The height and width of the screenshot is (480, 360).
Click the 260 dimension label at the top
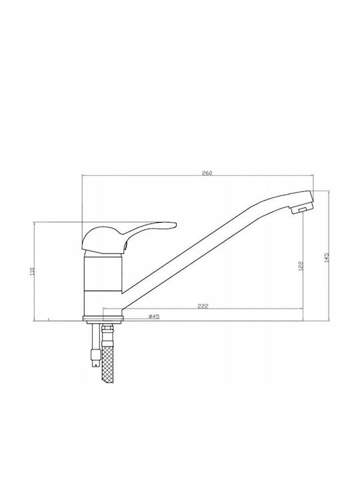click(207, 173)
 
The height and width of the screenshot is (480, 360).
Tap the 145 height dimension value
click(327, 257)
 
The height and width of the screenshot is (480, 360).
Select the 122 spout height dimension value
click(301, 265)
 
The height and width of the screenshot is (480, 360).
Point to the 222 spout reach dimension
click(203, 307)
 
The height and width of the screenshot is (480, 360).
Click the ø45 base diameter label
click(154, 317)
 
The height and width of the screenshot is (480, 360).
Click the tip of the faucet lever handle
click(176, 225)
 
